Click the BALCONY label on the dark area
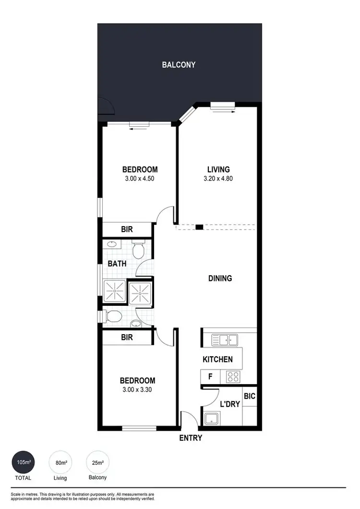click(179, 64)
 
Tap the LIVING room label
click(218, 170)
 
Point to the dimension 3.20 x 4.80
click(218, 179)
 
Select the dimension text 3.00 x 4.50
click(140, 179)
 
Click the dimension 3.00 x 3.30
click(137, 389)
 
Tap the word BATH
click(117, 264)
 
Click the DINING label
click(220, 278)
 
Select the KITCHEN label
click(217, 359)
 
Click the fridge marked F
click(210, 377)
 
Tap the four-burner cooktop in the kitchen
click(233, 377)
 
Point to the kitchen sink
click(225, 340)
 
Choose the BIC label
click(249, 397)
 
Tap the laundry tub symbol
click(211, 418)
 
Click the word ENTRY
click(191, 438)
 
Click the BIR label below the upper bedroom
click(127, 230)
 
